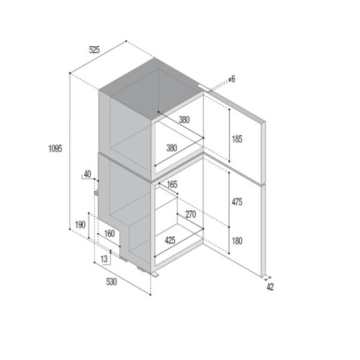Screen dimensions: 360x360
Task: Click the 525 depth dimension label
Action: point(94,50)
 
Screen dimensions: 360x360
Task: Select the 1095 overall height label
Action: point(55,148)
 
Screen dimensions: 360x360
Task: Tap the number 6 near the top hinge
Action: point(233,79)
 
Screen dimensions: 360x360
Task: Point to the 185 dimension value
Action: point(237,139)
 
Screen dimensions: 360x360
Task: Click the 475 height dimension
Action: point(237,202)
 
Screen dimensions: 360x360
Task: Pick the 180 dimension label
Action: point(237,240)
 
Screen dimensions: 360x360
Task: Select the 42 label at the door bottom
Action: point(270,287)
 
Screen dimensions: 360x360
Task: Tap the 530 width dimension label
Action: point(112,282)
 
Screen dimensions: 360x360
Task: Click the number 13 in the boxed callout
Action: point(104,259)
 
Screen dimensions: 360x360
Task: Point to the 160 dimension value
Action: point(109,233)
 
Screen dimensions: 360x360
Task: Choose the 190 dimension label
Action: point(80,225)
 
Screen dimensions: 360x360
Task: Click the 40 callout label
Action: point(87,174)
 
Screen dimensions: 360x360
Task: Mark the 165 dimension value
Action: point(172,184)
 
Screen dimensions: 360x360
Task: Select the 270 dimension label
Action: point(191,215)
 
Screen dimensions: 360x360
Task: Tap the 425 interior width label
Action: point(170,240)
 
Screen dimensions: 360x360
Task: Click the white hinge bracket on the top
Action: point(204,89)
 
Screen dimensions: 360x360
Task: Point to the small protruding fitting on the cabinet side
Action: point(96,192)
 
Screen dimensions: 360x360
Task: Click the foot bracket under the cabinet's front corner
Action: point(154,275)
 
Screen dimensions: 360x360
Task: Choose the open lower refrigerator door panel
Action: point(234,216)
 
